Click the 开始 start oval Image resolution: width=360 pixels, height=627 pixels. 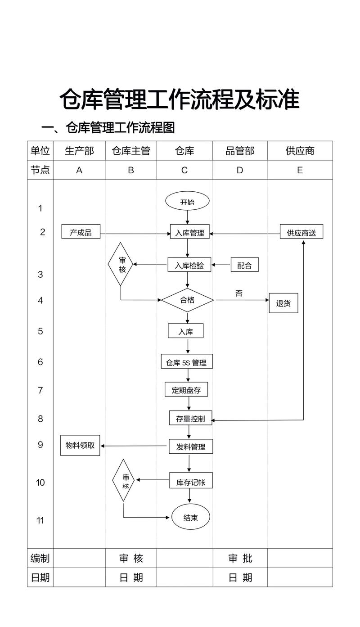pos(187,202)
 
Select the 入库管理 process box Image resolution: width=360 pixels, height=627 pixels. pos(189,233)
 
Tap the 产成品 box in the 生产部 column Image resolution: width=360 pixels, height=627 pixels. pos(81,232)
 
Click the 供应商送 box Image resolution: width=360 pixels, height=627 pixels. pos(301,233)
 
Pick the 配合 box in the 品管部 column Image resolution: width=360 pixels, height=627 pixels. pos(244,265)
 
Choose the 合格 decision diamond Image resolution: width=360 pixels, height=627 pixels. pos(187,300)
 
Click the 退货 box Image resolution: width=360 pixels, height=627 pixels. pos(283,303)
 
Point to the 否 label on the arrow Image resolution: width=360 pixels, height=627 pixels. pos(239,293)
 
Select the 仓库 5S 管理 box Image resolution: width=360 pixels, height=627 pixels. pos(186,362)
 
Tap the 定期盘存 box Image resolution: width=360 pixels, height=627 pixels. pos(186,390)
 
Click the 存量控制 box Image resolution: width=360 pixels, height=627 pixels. pos(190,418)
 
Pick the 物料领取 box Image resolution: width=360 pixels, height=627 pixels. pos(80,445)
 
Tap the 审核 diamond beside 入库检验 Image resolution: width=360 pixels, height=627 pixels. pos(121,265)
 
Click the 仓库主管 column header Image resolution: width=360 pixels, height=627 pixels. pos(131,151)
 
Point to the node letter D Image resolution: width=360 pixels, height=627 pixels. pos(240,170)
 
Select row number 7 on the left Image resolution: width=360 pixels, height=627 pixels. pos(40,390)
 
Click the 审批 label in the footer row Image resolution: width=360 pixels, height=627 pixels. pos(240,559)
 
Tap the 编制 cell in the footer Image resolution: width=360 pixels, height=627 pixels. pos(40,559)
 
